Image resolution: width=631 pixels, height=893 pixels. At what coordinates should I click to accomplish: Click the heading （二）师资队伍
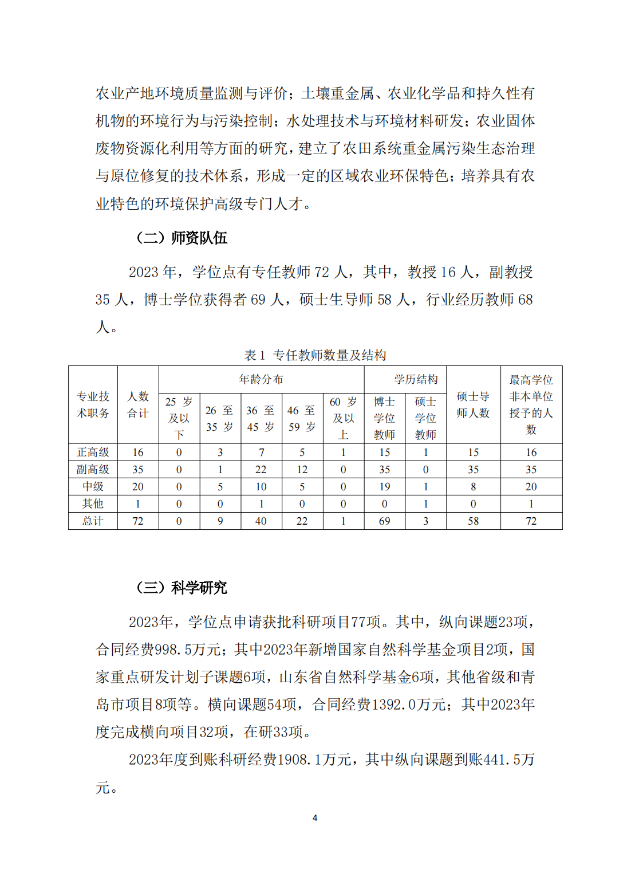(182, 238)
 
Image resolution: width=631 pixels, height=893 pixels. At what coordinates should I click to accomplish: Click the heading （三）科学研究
(182, 588)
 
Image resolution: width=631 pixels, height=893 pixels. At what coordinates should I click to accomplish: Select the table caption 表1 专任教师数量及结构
(315, 355)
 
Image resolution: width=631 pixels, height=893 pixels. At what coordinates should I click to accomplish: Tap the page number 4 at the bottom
(315, 818)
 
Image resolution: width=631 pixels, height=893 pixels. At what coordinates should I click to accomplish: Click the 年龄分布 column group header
(261, 379)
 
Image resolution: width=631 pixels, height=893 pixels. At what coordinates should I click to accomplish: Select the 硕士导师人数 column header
(473, 404)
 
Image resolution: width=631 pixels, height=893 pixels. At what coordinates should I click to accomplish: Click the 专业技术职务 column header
(93, 404)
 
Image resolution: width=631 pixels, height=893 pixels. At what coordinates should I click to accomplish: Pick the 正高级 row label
(93, 453)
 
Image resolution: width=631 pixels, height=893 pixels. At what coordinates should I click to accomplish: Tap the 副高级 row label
(93, 470)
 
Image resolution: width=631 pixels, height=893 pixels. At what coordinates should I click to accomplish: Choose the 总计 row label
(93, 521)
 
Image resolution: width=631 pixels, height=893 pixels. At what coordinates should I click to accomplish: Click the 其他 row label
(93, 504)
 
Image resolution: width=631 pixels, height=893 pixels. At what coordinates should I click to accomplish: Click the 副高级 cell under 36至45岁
(261, 470)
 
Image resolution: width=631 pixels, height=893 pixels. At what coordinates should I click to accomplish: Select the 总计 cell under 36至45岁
(261, 521)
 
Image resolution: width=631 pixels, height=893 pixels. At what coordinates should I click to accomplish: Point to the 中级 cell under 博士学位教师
(384, 487)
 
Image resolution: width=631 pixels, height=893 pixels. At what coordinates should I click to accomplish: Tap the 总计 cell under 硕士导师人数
(473, 521)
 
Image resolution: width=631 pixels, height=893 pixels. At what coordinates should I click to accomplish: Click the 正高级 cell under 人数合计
(138, 453)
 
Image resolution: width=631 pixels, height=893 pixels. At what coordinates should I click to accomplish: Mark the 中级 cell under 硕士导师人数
(473, 487)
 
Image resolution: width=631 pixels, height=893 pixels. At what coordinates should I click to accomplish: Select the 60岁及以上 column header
(343, 418)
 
